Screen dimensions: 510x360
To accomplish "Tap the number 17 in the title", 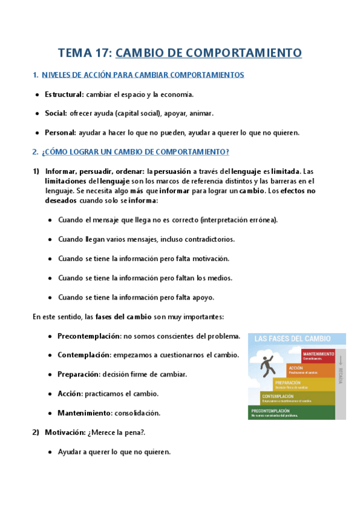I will click(x=100, y=53).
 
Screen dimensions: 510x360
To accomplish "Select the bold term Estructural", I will click(x=64, y=94).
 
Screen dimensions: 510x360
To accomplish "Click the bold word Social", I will click(x=56, y=113).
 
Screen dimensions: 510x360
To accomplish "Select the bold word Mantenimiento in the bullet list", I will click(x=84, y=413).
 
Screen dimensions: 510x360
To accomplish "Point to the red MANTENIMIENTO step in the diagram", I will click(x=319, y=355).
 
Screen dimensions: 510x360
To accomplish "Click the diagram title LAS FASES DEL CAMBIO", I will click(x=292, y=339).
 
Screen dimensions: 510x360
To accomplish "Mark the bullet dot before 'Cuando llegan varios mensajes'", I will click(x=50, y=239).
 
